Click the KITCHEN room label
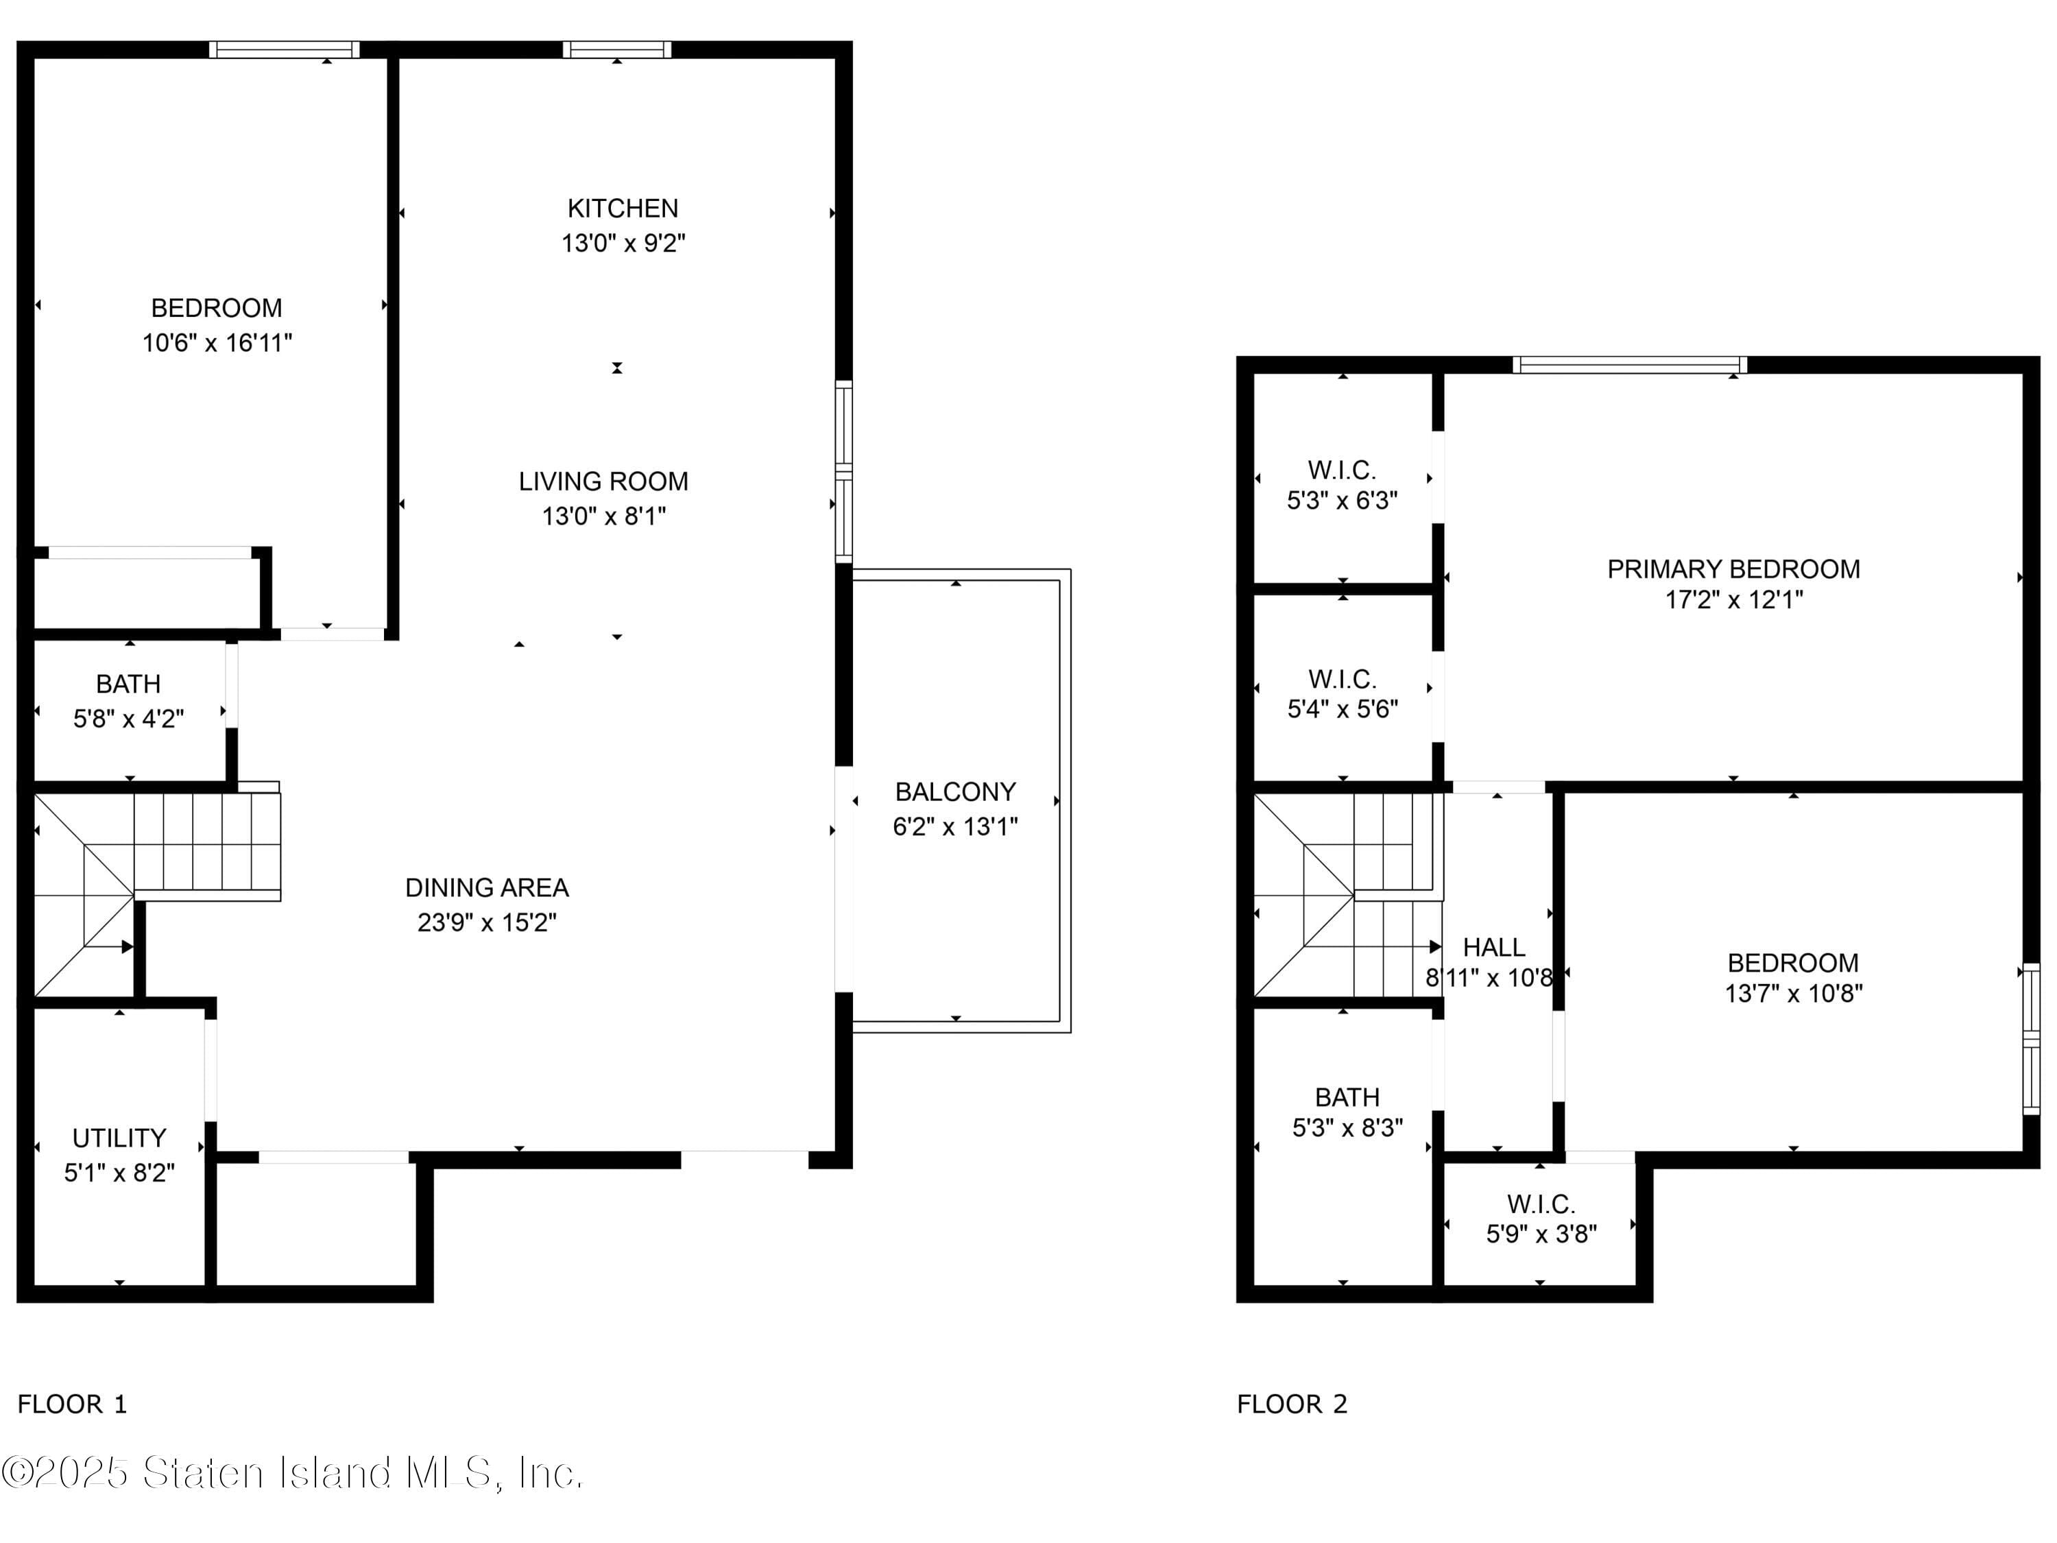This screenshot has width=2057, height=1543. point(622,208)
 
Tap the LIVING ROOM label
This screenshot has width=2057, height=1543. point(603,482)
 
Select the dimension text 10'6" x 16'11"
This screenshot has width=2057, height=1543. point(217,343)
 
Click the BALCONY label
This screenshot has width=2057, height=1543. point(955,793)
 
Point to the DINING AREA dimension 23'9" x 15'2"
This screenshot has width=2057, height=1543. point(486,922)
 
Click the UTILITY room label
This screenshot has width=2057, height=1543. point(119,1138)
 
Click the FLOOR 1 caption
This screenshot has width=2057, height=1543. point(71,1404)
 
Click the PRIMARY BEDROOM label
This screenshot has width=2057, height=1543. point(1733,569)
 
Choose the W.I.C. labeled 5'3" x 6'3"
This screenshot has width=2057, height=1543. point(1342,470)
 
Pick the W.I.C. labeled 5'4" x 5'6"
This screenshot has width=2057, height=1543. point(1342,680)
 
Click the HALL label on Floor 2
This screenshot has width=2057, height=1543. point(1493,948)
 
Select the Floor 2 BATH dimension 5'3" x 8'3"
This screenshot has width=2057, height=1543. point(1347,1128)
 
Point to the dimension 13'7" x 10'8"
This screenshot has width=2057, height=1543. point(1793,993)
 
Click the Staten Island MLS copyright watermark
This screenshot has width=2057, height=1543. point(292,1473)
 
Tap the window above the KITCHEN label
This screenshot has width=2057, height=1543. point(616,49)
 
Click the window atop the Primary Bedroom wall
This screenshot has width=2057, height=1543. point(1629,365)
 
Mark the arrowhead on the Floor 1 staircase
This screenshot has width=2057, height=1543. point(128,947)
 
